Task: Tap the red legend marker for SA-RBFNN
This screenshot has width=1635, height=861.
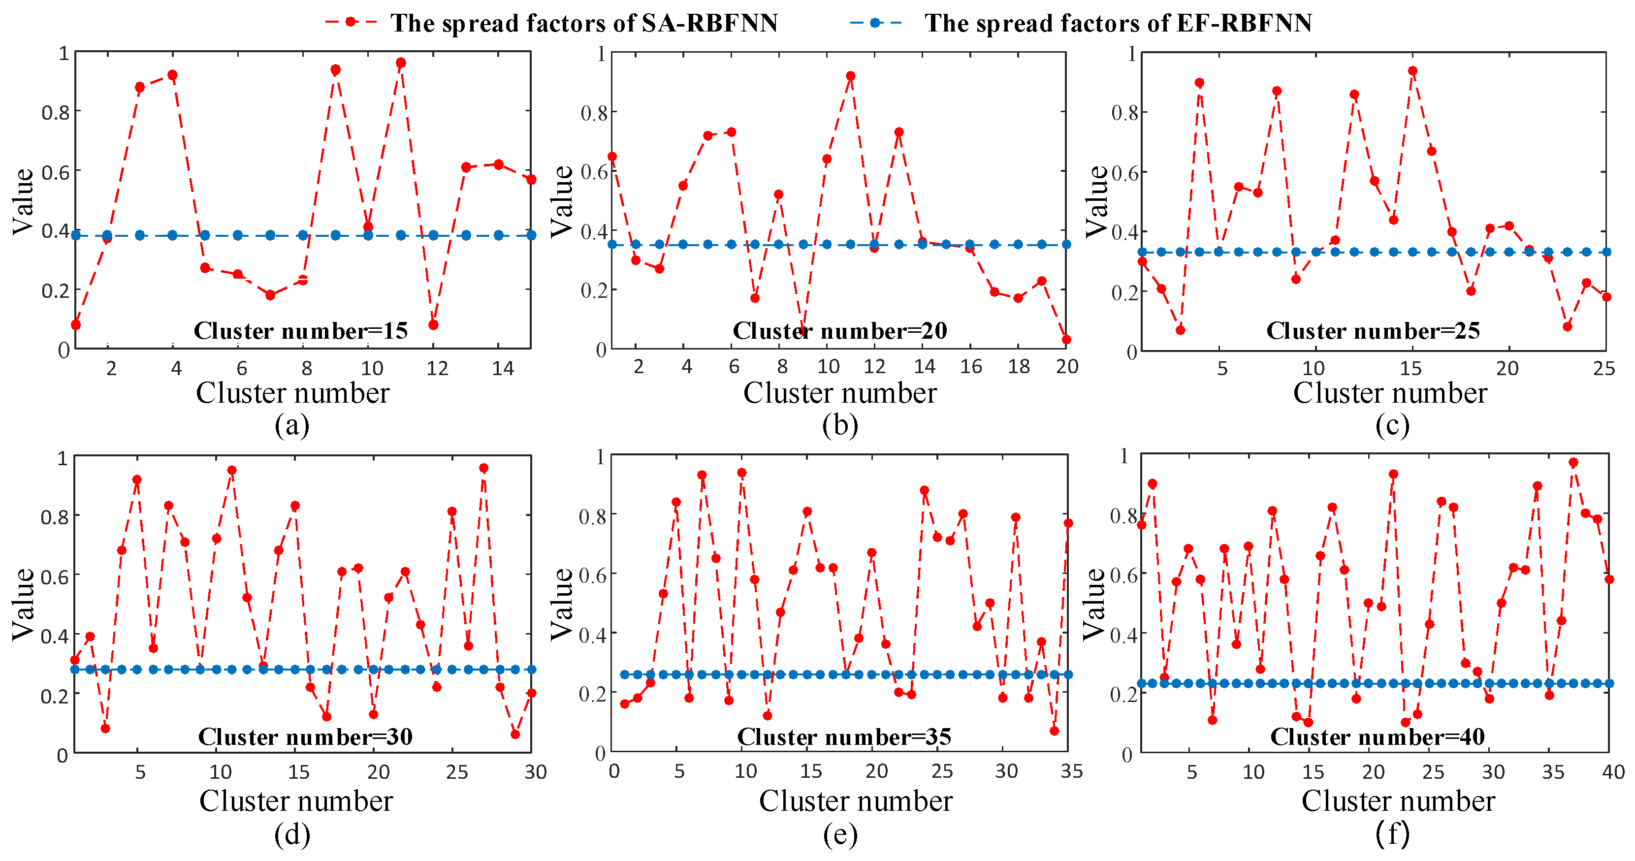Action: point(351,22)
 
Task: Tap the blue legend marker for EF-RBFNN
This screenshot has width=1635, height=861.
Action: point(875,22)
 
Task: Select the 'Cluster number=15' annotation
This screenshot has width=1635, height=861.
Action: point(300,331)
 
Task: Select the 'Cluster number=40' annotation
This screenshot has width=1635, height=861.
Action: point(1378,736)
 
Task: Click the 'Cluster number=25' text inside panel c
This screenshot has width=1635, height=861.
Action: point(1373,331)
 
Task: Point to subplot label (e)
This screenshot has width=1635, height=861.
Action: point(840,834)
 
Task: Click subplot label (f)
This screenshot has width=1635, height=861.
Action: point(1392,833)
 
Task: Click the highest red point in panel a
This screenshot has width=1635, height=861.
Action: point(400,63)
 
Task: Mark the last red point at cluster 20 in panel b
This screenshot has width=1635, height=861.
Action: point(1066,340)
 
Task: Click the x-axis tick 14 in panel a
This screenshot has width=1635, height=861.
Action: point(502,369)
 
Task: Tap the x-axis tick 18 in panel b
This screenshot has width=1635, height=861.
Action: point(1019,367)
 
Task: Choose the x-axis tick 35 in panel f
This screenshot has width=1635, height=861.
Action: point(1553,771)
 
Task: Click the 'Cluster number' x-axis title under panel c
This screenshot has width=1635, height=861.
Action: point(1390,393)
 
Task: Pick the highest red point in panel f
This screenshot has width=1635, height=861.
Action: point(1573,463)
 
